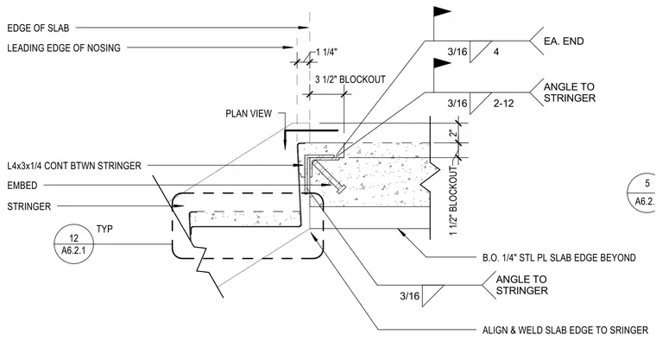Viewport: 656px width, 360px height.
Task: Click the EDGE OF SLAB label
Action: pos(38,28)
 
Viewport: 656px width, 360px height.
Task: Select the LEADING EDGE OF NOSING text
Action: pos(64,47)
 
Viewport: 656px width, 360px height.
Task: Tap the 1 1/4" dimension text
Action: pos(326,52)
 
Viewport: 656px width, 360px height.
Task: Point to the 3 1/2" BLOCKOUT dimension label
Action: pos(350,79)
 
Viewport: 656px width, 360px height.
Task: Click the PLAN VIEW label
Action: pos(249,113)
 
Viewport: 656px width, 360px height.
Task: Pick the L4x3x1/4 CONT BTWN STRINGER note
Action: pos(74,166)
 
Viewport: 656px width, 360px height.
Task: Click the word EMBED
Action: pos(22,186)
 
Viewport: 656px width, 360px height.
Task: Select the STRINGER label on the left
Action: pos(28,206)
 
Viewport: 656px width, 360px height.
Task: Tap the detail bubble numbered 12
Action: pos(73,244)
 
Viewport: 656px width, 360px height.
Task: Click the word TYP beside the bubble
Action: pos(104,229)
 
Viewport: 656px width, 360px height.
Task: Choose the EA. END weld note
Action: pos(564,41)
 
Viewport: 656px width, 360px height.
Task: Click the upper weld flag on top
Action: pos(441,12)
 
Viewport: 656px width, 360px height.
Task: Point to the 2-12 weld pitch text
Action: pos(503,103)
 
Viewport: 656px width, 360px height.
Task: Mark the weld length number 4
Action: pos(496,52)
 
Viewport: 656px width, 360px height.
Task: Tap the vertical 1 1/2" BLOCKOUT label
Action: pos(453,201)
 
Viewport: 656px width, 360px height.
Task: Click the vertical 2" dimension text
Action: pos(453,134)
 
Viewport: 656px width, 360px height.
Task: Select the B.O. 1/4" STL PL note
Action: pos(559,257)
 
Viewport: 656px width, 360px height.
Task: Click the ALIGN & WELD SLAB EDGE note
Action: pos(565,330)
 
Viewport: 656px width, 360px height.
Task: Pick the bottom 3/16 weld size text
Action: pos(410,296)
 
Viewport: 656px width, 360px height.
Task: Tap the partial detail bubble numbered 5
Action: pos(642,193)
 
